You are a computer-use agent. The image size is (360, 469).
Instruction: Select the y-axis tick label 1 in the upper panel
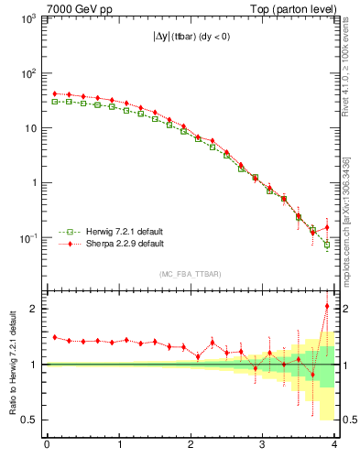pos(35,182)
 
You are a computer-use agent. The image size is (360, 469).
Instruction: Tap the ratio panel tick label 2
pos(34,309)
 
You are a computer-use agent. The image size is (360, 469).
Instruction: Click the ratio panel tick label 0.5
pos(29,420)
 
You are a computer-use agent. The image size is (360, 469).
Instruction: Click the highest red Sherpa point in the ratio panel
pos(327,306)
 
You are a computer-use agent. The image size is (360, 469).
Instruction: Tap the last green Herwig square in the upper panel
pos(327,245)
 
